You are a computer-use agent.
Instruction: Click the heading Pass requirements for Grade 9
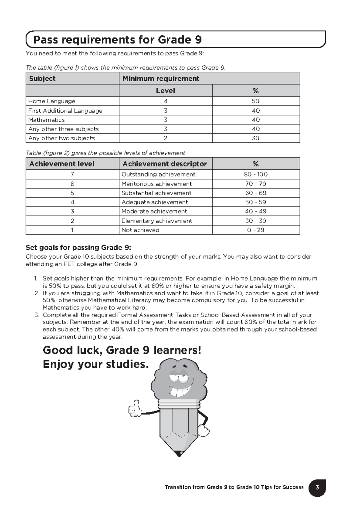(x=117, y=40)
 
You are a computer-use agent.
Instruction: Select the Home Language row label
(x=52, y=101)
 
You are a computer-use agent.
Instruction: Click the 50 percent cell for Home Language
(x=256, y=101)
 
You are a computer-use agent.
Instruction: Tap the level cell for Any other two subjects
(x=166, y=138)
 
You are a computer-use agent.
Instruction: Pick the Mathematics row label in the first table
(x=46, y=120)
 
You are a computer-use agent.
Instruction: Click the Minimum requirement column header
(x=161, y=79)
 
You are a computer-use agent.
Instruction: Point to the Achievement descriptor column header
(x=164, y=164)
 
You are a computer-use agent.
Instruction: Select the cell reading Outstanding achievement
(x=158, y=174)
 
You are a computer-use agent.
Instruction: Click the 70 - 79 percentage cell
(x=256, y=184)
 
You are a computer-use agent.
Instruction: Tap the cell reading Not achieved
(x=140, y=230)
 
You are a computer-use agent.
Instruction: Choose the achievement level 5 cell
(x=72, y=193)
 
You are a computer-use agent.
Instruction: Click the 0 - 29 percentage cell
(x=256, y=230)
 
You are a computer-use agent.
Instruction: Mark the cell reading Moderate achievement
(x=154, y=211)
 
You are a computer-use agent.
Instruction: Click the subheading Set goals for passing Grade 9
(x=78, y=248)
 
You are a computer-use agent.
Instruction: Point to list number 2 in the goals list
(x=37, y=293)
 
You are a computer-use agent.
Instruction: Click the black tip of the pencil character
(x=179, y=453)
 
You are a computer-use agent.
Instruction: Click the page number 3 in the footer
(x=317, y=487)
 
